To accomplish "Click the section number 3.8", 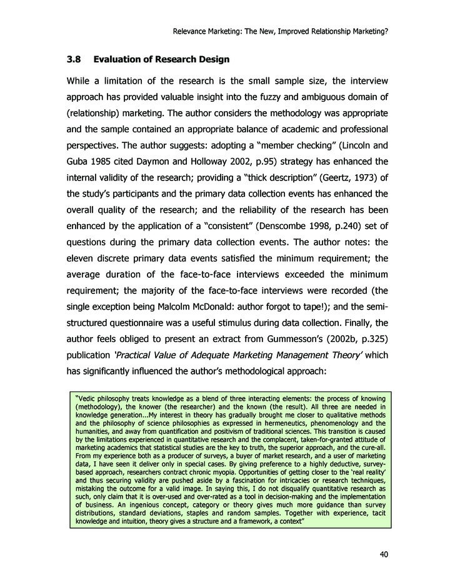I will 76,60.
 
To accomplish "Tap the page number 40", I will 384,554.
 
